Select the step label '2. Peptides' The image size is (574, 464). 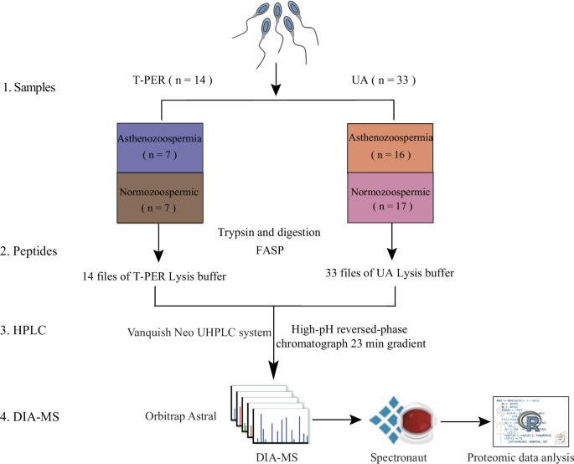(x=39, y=250)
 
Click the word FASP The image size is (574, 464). (x=273, y=249)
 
